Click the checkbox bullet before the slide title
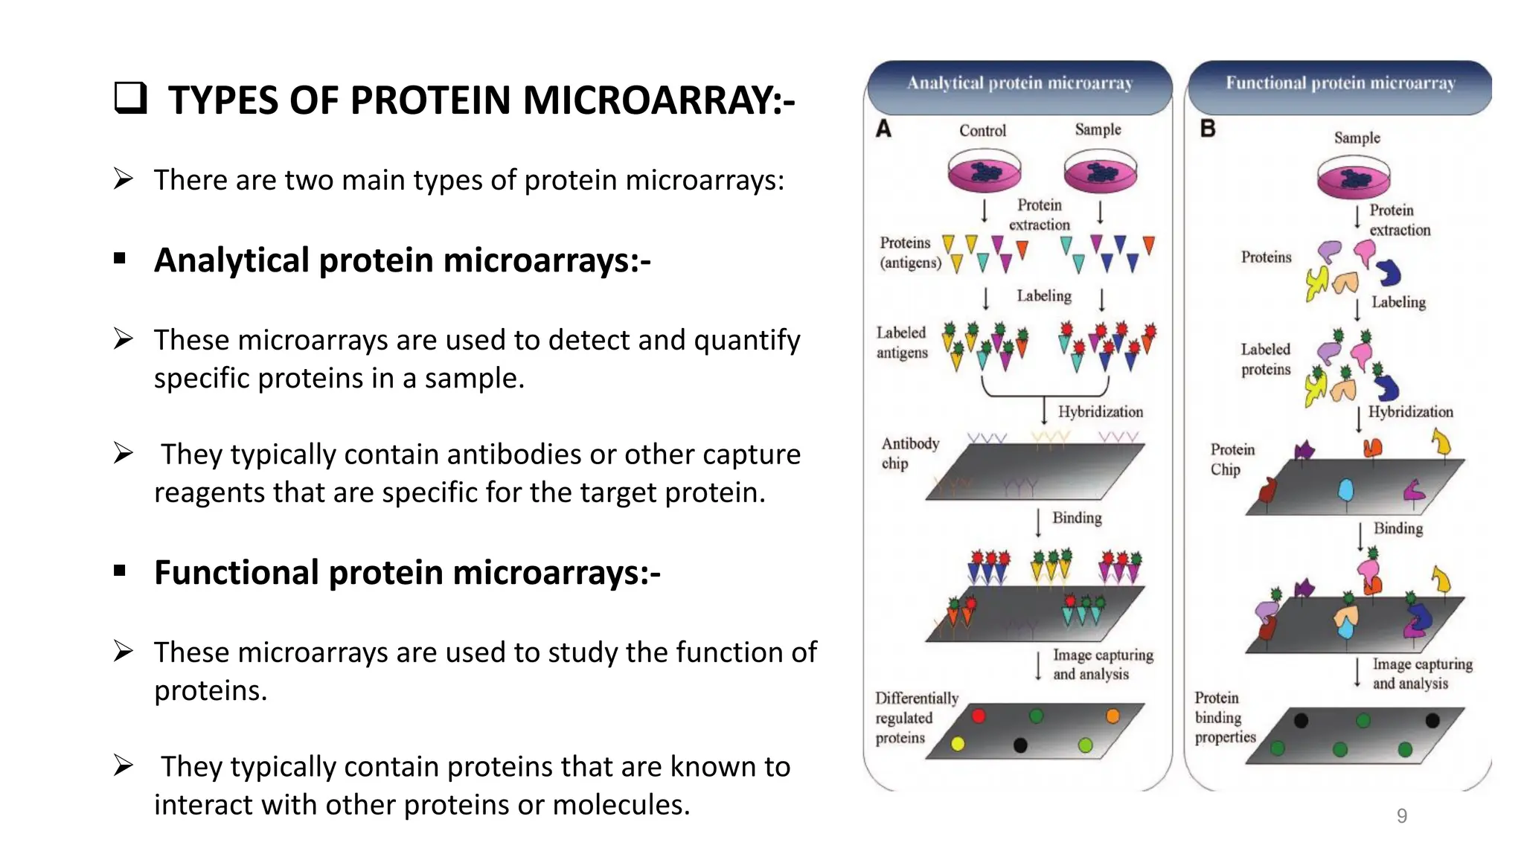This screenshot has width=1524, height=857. click(130, 99)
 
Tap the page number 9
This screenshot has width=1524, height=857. click(1402, 816)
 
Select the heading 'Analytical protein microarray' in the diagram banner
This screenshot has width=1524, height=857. click(1019, 83)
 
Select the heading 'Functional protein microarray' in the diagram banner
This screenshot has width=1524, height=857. click(1340, 83)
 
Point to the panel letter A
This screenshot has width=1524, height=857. click(883, 129)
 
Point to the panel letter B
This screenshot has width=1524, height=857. click(1208, 129)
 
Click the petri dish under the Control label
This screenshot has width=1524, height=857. click(984, 172)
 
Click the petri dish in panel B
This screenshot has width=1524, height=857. click(1354, 179)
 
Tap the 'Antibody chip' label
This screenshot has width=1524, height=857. click(909, 453)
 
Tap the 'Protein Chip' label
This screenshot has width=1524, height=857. click(1232, 459)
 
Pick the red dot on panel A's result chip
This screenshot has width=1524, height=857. click(979, 716)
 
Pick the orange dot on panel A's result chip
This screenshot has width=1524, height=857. click(1112, 716)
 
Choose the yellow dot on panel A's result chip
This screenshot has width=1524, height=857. click(958, 744)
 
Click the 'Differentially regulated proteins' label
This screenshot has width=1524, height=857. click(916, 718)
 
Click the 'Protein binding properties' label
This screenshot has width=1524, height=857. click(1224, 717)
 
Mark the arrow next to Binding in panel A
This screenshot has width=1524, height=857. click(1039, 521)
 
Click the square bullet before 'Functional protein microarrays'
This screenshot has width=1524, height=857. click(120, 571)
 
